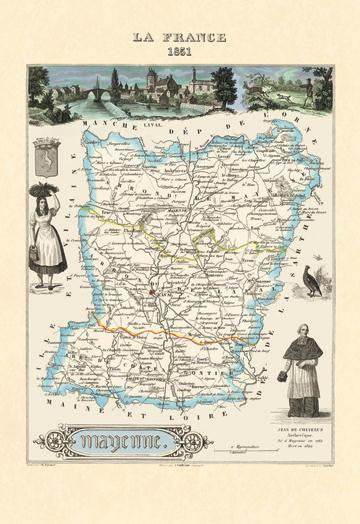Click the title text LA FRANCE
pyautogui.click(x=180, y=37)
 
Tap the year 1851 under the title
pyautogui.click(x=180, y=51)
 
